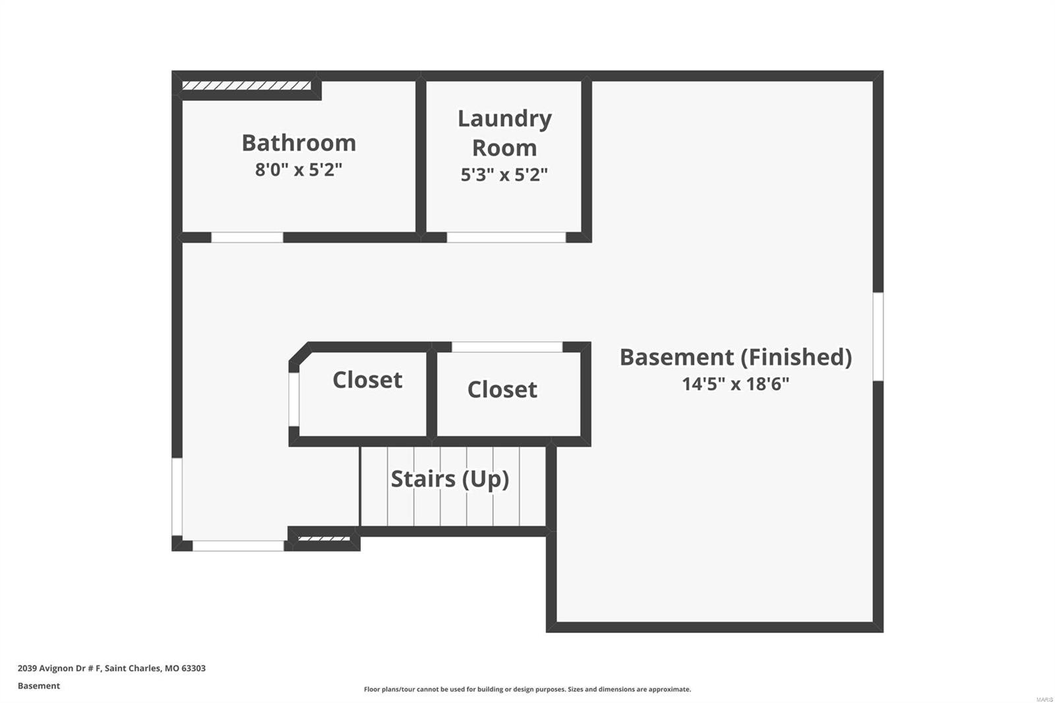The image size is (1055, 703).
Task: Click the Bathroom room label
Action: [299, 142]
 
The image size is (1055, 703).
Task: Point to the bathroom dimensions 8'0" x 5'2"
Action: [299, 169]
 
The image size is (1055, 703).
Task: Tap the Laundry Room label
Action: [504, 133]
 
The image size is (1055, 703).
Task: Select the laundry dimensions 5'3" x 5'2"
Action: [504, 175]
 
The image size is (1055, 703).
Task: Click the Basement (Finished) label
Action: [736, 357]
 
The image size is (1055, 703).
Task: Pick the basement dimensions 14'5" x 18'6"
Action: [736, 384]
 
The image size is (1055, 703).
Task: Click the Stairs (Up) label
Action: [450, 479]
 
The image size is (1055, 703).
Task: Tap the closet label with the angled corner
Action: [367, 380]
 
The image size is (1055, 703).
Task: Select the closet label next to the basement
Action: [502, 390]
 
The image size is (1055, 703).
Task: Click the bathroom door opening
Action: [247, 237]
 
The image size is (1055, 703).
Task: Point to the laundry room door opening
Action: [506, 237]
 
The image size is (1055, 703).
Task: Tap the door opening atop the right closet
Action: [507, 348]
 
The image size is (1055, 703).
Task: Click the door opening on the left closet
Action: [294, 400]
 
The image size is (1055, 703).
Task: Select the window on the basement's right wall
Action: [878, 336]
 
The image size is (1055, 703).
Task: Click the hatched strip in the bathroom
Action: [247, 86]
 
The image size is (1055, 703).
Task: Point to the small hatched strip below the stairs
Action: [324, 539]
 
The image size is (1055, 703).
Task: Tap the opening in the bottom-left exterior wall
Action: [238, 546]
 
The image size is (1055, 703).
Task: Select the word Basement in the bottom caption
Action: [39, 686]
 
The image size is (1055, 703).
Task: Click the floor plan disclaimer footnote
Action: [527, 689]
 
